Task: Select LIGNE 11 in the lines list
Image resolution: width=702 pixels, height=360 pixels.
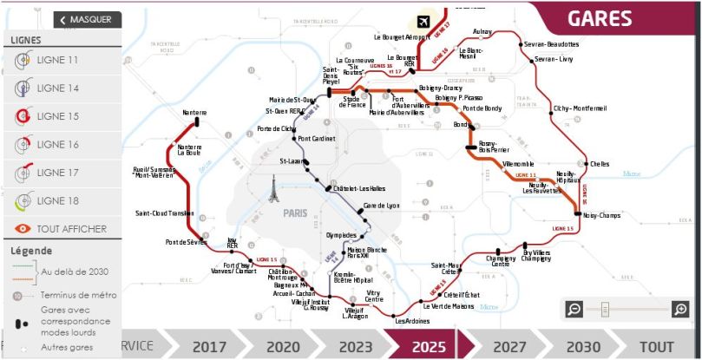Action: point(57,60)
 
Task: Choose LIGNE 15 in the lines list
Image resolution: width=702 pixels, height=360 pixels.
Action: point(57,116)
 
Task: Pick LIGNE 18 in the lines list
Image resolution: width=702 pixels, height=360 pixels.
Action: point(57,200)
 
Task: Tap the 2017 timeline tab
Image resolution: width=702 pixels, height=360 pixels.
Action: point(209,346)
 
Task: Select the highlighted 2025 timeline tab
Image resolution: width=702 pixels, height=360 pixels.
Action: point(429,346)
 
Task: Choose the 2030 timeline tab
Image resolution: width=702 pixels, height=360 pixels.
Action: point(583,346)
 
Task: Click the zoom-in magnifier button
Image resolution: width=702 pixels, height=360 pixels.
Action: point(680,309)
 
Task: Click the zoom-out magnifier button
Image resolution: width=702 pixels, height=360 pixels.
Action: point(574,309)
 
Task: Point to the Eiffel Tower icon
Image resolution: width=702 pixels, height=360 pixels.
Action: point(274,188)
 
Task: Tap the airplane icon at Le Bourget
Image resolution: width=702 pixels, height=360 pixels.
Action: point(423,21)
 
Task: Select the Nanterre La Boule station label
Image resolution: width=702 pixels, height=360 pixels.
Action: point(189,151)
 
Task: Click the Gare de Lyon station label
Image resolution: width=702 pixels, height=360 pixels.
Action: point(381,206)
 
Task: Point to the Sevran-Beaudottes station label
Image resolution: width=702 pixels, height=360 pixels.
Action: point(551,43)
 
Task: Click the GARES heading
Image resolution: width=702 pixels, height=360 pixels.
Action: point(600,18)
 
